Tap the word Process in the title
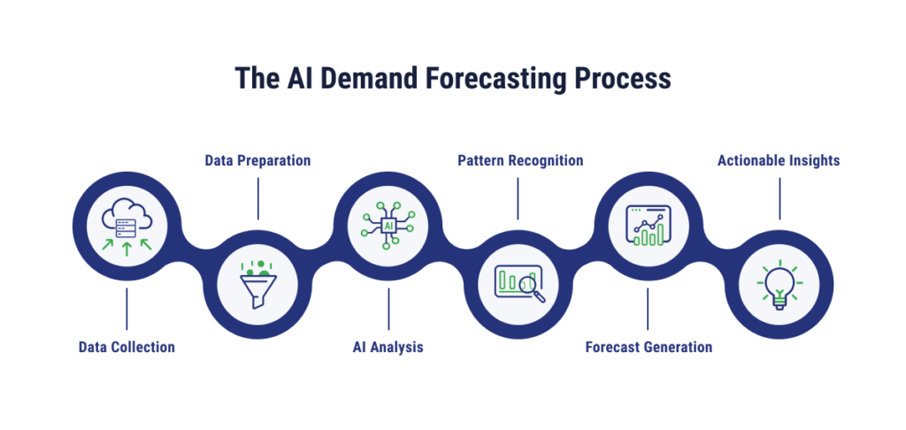(622, 79)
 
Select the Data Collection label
(126, 347)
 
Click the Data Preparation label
(257, 161)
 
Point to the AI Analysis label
(388, 347)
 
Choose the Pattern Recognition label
(519, 161)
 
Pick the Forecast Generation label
(649, 347)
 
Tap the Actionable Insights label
(779, 161)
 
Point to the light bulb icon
(779, 285)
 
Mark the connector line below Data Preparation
(257, 199)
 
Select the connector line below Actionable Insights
(779, 199)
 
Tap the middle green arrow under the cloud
(127, 248)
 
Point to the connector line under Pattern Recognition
(519, 199)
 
